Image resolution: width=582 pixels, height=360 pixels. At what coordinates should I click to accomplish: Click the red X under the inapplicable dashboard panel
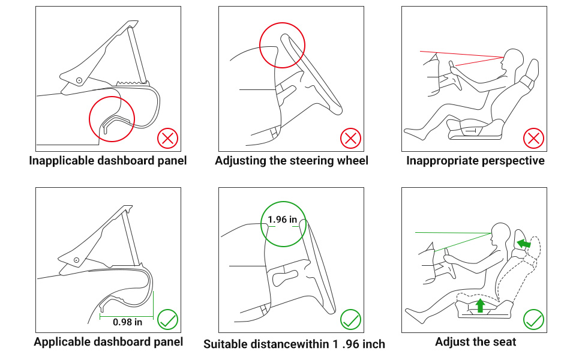tap(168, 139)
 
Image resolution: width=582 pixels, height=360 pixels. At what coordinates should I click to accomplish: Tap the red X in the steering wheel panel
tap(350, 139)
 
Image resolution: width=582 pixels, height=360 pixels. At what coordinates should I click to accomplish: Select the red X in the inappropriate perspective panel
tap(533, 139)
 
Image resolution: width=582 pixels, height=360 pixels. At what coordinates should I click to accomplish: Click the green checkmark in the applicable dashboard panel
tap(168, 320)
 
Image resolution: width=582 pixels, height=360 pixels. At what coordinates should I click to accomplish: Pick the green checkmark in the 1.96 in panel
tap(350, 320)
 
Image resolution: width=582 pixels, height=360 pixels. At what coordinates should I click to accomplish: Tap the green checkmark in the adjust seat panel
tap(533, 320)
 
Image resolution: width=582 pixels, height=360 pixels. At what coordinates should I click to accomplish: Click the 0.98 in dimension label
tap(127, 322)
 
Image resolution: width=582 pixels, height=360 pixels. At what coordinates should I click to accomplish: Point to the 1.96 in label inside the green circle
tap(283, 220)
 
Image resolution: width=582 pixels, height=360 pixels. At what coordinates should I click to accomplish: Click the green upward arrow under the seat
tap(479, 305)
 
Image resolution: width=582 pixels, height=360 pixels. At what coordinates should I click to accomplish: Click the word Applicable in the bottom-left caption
tap(62, 342)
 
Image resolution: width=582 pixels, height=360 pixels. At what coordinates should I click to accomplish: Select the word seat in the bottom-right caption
tap(504, 342)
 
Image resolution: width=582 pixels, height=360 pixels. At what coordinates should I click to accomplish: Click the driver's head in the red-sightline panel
tap(512, 59)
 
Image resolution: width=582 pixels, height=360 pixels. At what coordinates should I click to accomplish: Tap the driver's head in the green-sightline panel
tap(500, 232)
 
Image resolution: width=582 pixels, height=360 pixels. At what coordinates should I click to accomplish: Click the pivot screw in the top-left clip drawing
tap(79, 80)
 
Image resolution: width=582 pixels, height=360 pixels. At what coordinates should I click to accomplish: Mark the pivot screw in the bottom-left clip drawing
tap(76, 260)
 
